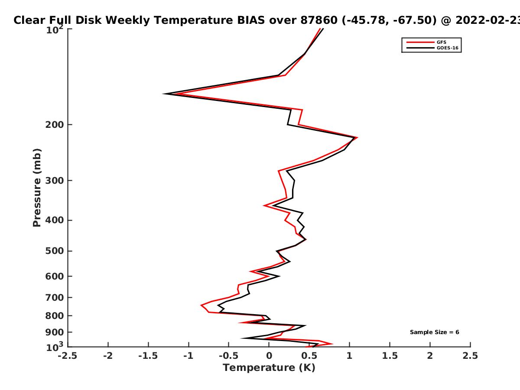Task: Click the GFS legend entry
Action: pos(426,42)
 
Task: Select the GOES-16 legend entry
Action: pos(432,48)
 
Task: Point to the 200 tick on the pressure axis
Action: pos(55,124)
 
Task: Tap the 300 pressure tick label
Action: pos(55,181)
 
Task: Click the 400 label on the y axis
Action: pos(55,220)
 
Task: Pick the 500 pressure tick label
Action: pos(55,251)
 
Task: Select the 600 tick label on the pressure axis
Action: pos(55,276)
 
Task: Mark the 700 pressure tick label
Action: pos(55,298)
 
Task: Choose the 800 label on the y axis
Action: pos(55,316)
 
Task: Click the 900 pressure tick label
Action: pos(55,332)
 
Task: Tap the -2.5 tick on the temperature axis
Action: pos(68,356)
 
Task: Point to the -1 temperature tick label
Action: pos(188,356)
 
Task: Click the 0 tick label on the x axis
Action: pos(269,356)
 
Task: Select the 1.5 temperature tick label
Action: pos(390,356)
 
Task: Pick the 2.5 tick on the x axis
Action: pos(470,356)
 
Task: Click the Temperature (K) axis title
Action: pos(269,368)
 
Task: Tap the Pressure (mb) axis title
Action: pos(37,188)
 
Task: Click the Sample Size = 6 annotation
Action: pos(435,332)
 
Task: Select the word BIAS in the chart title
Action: pos(251,20)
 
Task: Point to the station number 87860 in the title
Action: pos(319,20)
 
